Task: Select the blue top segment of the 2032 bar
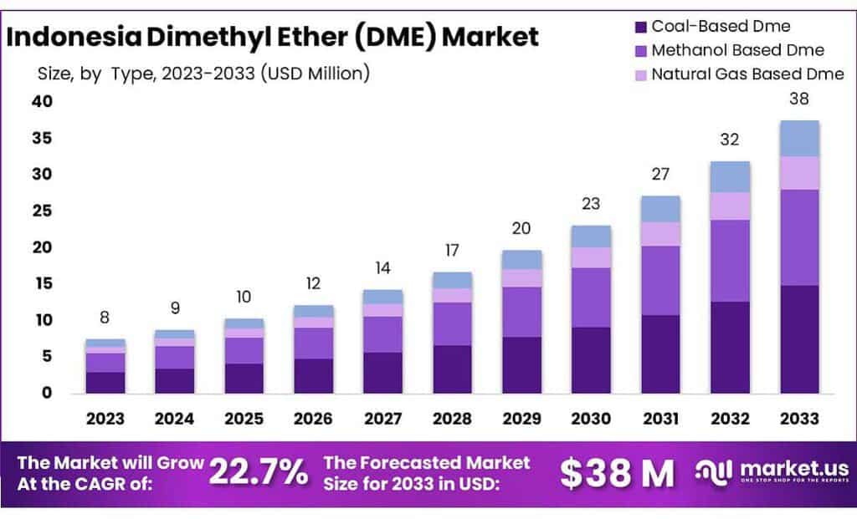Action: (730, 177)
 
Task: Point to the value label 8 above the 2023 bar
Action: (105, 318)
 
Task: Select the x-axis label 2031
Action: (661, 418)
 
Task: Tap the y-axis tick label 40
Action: (42, 102)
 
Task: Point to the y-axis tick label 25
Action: (42, 211)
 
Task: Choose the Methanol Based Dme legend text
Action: (737, 50)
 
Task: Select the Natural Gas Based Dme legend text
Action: (747, 74)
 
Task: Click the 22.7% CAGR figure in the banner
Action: (258, 472)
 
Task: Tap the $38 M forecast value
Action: (617, 473)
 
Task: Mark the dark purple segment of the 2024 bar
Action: (175, 380)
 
